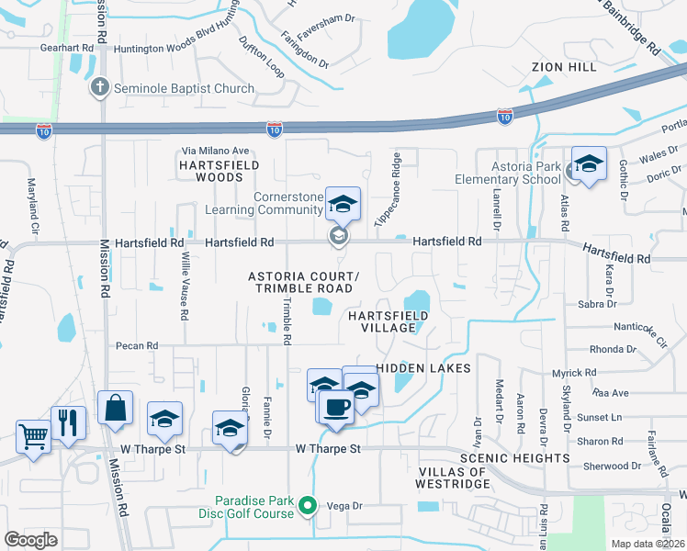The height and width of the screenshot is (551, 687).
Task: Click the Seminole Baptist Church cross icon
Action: (x=100, y=88)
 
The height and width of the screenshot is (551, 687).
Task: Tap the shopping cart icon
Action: (x=33, y=435)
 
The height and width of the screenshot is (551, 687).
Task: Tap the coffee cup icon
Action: (x=336, y=405)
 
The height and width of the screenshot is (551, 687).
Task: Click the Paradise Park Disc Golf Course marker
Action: (x=310, y=505)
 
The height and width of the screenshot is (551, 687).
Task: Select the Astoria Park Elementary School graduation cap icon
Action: (x=589, y=163)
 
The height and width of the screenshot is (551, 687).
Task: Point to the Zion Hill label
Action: (x=563, y=67)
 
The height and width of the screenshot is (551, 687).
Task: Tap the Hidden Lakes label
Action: (x=422, y=368)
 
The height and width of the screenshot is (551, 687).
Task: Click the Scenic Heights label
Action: (x=515, y=457)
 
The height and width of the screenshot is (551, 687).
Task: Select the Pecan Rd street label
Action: (x=137, y=346)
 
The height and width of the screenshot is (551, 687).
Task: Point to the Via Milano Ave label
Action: (x=216, y=151)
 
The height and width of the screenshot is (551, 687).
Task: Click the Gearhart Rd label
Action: (x=67, y=47)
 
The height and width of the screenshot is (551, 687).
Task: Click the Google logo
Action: (x=30, y=540)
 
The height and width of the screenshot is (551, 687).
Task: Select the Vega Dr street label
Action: (x=346, y=506)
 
